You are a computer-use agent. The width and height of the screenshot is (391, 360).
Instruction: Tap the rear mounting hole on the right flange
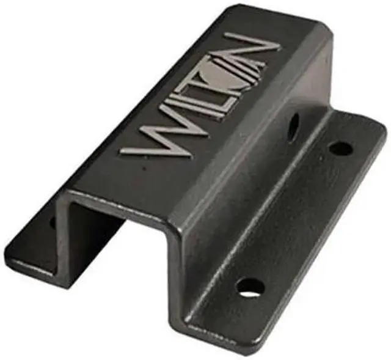(340, 148)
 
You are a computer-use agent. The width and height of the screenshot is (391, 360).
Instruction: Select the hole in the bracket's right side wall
(294, 126)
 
